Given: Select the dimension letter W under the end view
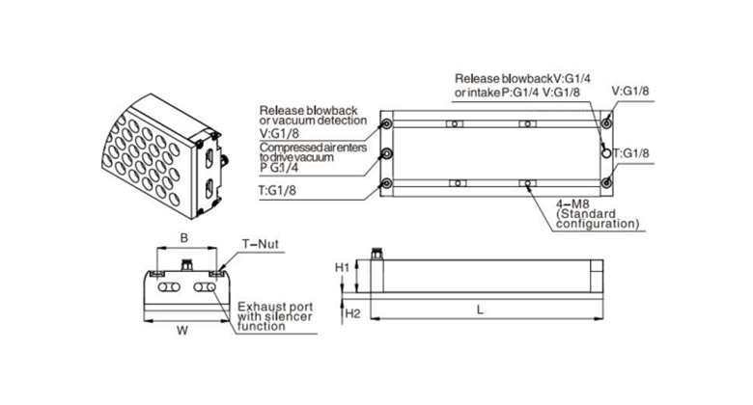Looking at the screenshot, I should tap(182, 329).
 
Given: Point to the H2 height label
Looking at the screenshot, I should tap(353, 313).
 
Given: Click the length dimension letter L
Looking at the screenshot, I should tap(481, 309).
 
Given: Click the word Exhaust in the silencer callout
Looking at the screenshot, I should tap(259, 306).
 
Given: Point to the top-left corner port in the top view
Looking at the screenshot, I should tap(387, 123).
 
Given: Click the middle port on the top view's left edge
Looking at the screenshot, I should tap(387, 154).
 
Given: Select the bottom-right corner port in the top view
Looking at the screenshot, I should tap(606, 184).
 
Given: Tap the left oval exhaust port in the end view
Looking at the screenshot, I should tap(163, 288).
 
